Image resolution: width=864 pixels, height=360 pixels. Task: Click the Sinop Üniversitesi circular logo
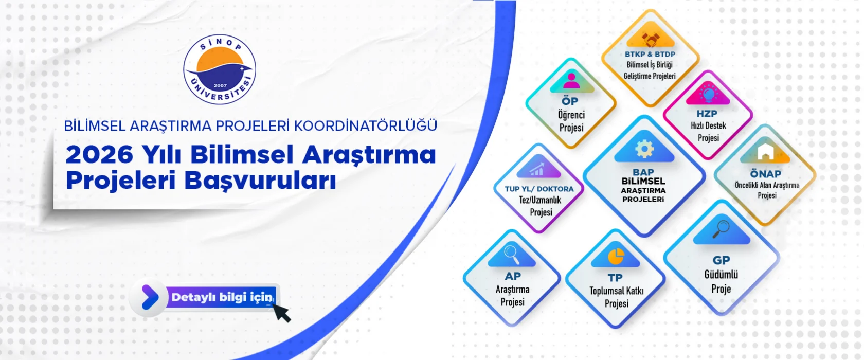(x=220, y=69)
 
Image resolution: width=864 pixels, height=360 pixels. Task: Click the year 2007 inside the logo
(x=220, y=86)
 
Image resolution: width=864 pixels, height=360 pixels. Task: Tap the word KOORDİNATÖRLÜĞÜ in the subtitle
(x=366, y=125)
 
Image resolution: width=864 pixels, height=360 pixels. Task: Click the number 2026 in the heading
(x=100, y=154)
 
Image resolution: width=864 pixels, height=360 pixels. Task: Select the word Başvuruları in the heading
(x=260, y=181)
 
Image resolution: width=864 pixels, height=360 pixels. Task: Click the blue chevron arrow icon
(x=150, y=297)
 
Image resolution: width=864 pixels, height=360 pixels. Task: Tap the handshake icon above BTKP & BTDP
(x=651, y=39)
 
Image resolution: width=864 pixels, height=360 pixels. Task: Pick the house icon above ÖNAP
(x=766, y=151)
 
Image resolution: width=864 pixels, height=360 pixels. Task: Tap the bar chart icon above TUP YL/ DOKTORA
(x=537, y=169)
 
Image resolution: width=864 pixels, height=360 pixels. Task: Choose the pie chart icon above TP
(x=616, y=256)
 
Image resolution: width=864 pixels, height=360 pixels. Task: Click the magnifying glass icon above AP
(x=512, y=255)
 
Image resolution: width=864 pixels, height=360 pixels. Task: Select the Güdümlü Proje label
(x=721, y=282)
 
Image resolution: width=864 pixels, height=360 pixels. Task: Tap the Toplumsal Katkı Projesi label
(x=616, y=297)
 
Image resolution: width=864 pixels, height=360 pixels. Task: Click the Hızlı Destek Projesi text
(x=708, y=132)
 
